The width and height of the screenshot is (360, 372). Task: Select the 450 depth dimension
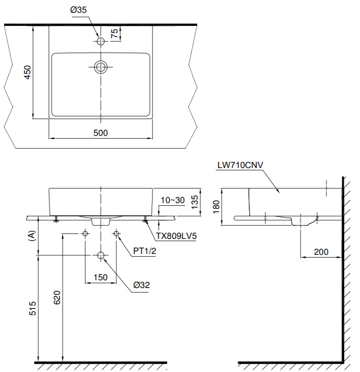point(27,72)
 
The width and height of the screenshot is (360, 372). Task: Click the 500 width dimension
point(100,133)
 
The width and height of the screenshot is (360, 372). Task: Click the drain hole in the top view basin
point(101,67)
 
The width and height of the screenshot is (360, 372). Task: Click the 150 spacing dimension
point(100,277)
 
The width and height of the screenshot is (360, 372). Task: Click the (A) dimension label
point(31,235)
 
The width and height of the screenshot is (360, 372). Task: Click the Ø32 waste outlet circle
point(101,256)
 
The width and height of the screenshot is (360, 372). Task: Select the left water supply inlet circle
point(85,233)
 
